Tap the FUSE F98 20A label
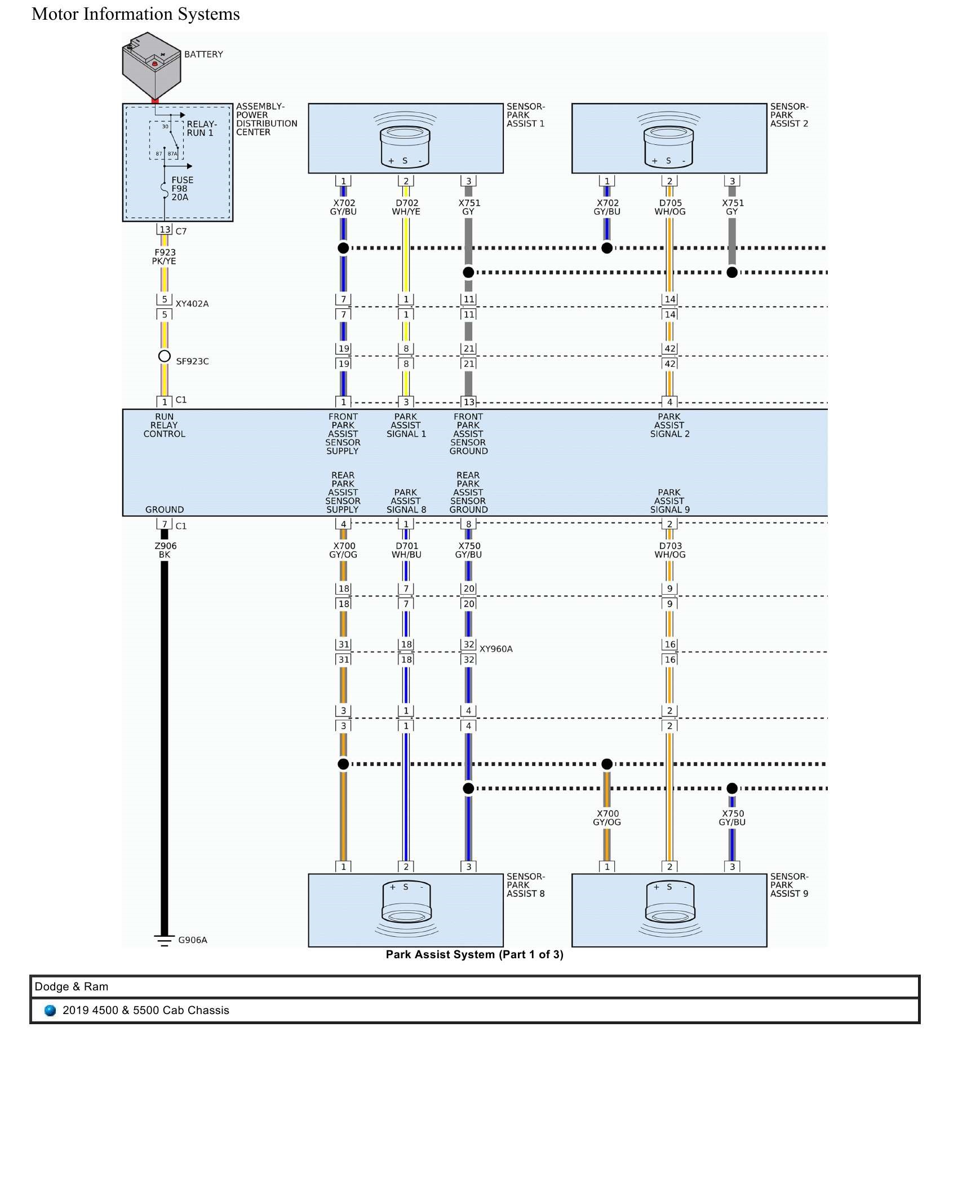(x=182, y=189)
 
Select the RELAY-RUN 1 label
(x=201, y=129)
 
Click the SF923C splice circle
(x=164, y=356)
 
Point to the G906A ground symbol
(x=164, y=941)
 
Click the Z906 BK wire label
(x=165, y=550)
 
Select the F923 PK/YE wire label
(x=165, y=256)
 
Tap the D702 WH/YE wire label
(x=406, y=207)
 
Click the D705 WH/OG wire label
(x=670, y=207)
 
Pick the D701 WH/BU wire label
(x=406, y=550)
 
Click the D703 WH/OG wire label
(x=670, y=550)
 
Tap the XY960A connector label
(x=496, y=649)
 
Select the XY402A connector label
(x=192, y=304)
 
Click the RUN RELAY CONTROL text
(x=164, y=426)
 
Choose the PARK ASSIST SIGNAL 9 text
(x=669, y=501)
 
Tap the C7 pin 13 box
(x=165, y=229)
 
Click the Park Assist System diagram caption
(x=474, y=955)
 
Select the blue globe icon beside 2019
(x=50, y=1011)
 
